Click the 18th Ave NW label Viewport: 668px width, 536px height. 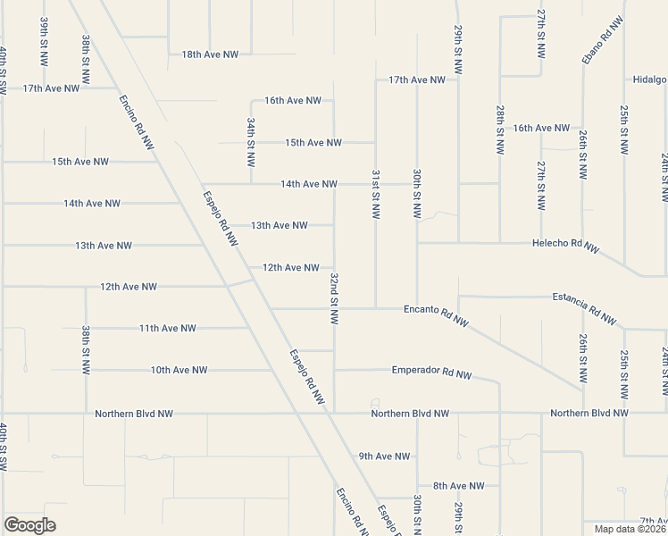[210, 54]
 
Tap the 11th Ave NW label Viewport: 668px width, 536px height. [167, 328]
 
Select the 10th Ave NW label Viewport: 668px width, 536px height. [179, 370]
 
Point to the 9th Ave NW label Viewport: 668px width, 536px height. [384, 456]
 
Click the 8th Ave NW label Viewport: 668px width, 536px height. [458, 486]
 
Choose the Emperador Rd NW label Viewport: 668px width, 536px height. [431, 371]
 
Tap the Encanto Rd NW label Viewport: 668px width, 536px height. [437, 314]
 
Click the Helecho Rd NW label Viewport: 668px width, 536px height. [566, 245]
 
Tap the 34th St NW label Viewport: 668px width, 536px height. [252, 143]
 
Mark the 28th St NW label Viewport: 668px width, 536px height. [500, 130]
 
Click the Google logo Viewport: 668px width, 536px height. [29, 525]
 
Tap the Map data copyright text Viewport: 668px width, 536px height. [630, 529]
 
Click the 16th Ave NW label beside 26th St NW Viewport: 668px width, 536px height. [541, 128]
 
